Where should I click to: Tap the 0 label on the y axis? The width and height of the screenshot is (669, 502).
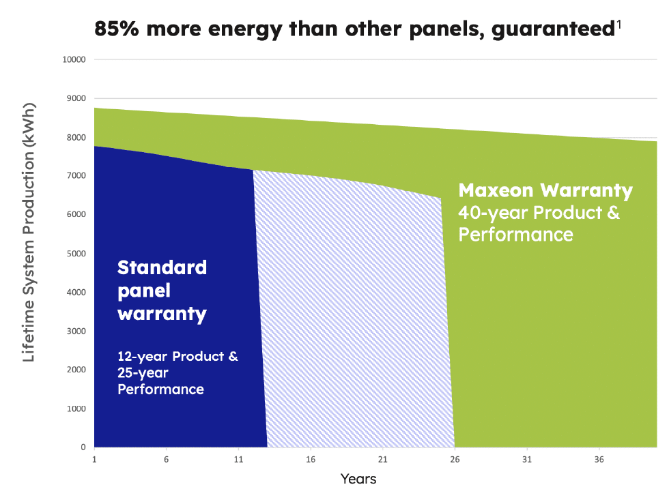click(x=82, y=447)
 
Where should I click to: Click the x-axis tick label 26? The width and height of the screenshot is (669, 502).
click(x=455, y=459)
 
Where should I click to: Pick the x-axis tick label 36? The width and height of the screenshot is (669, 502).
click(x=599, y=459)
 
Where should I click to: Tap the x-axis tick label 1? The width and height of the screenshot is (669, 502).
click(x=94, y=459)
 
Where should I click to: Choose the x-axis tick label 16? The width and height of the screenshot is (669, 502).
click(x=311, y=459)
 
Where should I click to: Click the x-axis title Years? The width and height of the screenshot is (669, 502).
click(x=358, y=479)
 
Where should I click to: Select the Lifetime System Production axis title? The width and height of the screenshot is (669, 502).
click(x=29, y=233)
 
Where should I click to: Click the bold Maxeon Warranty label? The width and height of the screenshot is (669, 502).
click(x=545, y=190)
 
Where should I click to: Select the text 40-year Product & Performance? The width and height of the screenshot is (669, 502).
click(x=538, y=223)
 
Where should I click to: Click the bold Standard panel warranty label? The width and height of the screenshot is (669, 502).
click(x=162, y=290)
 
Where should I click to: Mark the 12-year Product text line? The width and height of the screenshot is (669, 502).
click(x=177, y=357)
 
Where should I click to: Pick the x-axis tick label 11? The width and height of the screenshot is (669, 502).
click(x=238, y=459)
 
